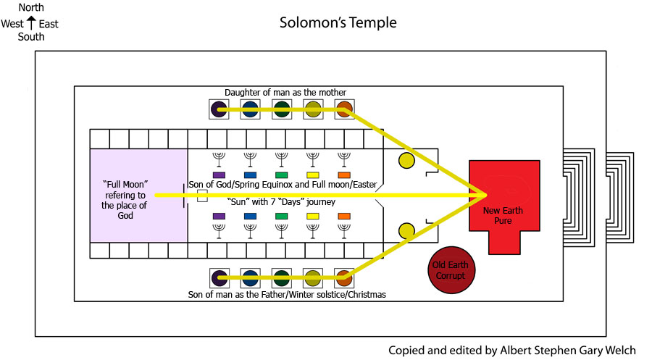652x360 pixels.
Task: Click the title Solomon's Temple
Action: [338, 22]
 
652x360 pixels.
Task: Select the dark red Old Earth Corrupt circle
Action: [451, 270]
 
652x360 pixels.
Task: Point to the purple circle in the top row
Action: [218, 110]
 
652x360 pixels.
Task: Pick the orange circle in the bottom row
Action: [344, 277]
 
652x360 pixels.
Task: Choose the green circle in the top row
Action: [282, 110]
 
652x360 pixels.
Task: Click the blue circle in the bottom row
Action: [250, 277]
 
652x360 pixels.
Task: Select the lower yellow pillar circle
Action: [406, 231]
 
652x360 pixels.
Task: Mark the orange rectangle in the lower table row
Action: [344, 216]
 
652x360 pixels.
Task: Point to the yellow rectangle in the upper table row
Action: [313, 175]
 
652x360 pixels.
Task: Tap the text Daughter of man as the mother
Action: [285, 92]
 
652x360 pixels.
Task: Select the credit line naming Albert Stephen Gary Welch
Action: [512, 350]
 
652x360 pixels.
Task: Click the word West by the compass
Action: [13, 24]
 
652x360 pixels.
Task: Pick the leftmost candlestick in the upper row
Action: [219, 159]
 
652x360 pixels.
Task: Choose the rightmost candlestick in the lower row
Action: [344, 230]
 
